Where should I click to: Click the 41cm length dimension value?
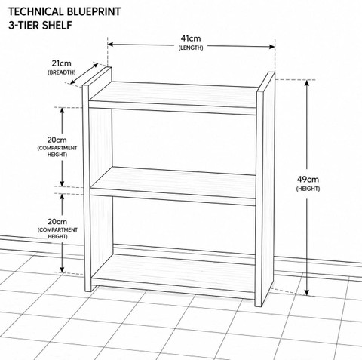tap(191, 38)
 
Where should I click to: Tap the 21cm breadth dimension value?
tap(62, 63)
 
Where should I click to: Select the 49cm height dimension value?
tap(308, 180)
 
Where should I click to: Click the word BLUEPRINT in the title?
tap(93, 12)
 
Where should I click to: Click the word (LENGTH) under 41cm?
tap(191, 48)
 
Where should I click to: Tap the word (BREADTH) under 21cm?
tap(62, 72)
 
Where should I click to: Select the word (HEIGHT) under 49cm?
tap(308, 189)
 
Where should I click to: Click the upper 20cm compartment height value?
tap(57, 140)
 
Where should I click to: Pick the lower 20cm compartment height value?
tap(57, 222)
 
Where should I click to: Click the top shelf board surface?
tap(173, 92)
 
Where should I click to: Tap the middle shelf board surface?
tap(173, 180)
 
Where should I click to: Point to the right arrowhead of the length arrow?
tap(272, 47)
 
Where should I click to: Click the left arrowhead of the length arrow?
tap(111, 45)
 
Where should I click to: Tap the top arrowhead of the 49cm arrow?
tap(307, 83)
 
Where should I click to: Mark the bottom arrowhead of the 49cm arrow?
tap(307, 292)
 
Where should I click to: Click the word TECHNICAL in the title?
tap(35, 12)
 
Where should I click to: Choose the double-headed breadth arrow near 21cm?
tap(84, 73)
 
